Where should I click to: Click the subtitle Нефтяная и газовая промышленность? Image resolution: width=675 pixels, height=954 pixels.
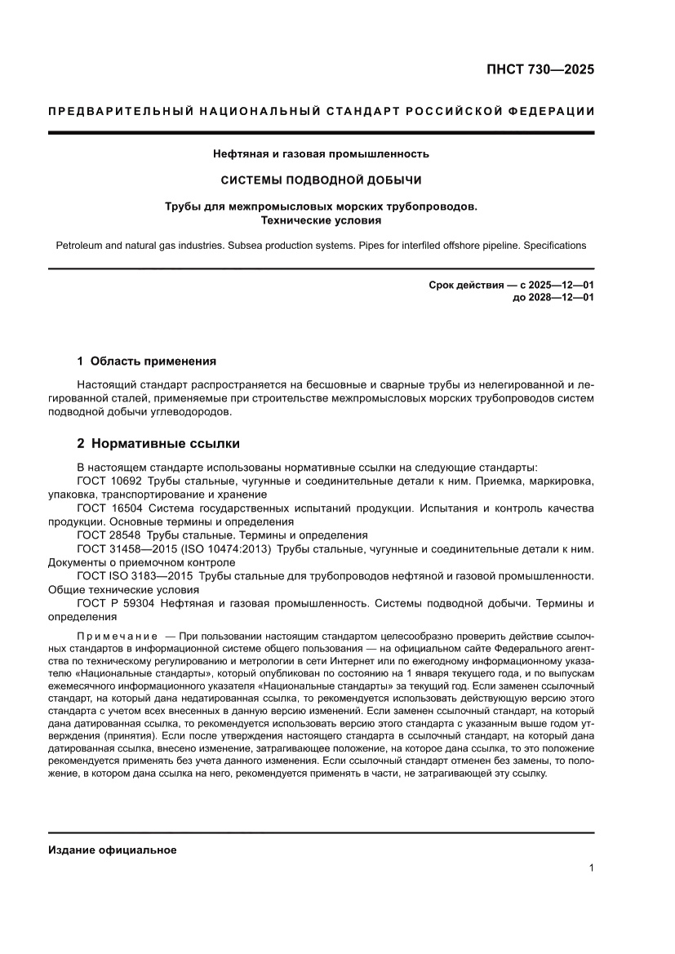320,153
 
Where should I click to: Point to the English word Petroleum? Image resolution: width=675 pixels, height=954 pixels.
80,245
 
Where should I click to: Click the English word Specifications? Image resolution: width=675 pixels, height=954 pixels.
554,245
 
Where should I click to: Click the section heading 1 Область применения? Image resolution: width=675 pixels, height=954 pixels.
146,361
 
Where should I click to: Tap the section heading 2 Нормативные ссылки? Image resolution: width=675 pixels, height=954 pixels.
158,444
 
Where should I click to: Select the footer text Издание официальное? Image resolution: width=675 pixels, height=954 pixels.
113,850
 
